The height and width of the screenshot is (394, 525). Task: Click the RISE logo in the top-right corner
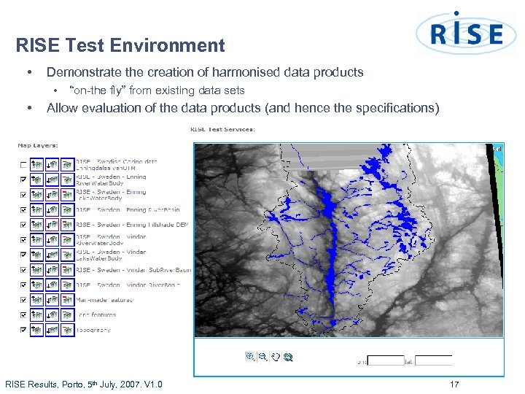[466, 33]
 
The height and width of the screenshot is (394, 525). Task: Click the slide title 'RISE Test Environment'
[120, 46]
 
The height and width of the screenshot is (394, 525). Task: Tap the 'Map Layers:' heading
[38, 144]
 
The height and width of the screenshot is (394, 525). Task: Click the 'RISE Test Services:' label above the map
[222, 130]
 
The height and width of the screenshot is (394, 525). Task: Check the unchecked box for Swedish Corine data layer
[23, 164]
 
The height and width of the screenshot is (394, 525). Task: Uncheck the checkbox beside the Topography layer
[23, 331]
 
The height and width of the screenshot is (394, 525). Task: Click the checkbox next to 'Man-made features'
[23, 300]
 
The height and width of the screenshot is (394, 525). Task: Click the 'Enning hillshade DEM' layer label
[157, 225]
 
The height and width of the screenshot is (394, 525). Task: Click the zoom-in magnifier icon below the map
[250, 357]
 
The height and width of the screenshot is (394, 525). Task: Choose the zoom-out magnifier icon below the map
[262, 357]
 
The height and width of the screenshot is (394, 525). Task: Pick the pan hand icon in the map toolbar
[275, 357]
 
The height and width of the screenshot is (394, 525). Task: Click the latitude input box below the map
[435, 360]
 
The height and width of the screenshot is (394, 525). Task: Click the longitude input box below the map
[386, 360]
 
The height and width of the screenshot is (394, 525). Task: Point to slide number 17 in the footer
[454, 385]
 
